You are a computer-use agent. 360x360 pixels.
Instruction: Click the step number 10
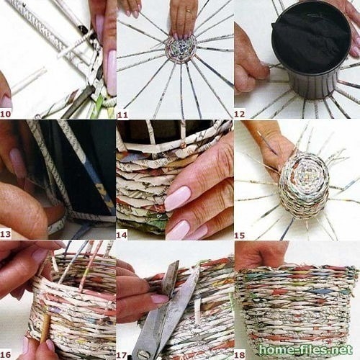coord(6,114)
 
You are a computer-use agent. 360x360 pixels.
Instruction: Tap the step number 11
coord(122,115)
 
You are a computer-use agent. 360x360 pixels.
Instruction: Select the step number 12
coord(240,114)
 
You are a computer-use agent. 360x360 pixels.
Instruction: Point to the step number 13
coord(6,234)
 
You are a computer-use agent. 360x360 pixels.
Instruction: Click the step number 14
coord(122,235)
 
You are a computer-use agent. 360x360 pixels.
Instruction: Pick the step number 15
coord(240,235)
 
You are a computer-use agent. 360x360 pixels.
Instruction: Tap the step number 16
coord(6,355)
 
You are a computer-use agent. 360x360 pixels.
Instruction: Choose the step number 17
coord(122,355)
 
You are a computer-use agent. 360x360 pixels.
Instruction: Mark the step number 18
coord(240,355)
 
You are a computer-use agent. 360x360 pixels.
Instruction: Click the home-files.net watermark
coord(306,350)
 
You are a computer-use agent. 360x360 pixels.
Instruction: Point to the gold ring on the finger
coord(189,11)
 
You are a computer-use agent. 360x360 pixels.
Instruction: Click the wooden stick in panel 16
coord(45,328)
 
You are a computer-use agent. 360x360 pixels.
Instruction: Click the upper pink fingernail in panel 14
coord(179,199)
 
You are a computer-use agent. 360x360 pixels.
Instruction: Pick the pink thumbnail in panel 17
coord(160,298)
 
